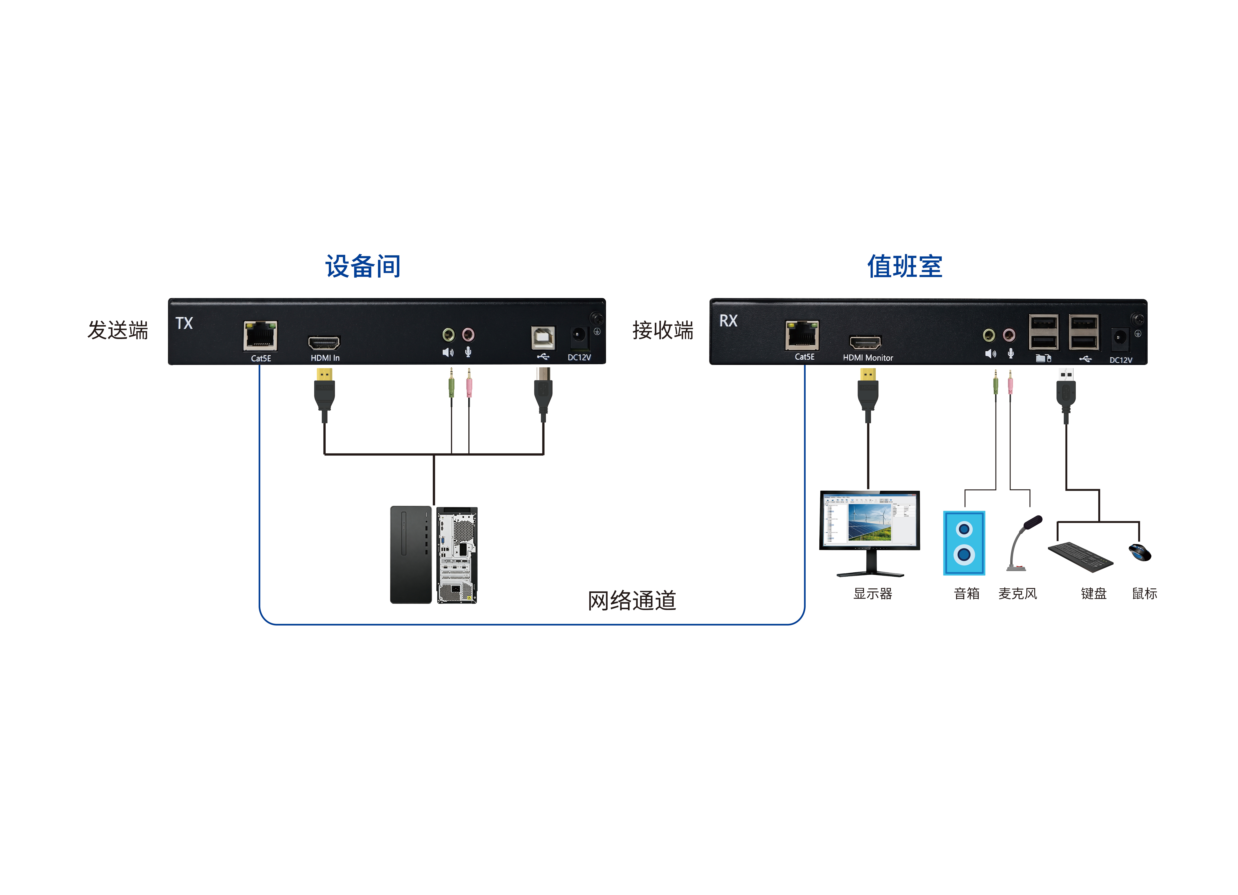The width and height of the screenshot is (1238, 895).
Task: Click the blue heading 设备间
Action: [x=363, y=267]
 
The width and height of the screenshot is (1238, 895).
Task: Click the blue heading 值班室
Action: [x=905, y=267]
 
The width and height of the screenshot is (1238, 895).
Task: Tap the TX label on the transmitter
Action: [x=184, y=323]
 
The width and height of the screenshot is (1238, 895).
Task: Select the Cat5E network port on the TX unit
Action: [x=260, y=335]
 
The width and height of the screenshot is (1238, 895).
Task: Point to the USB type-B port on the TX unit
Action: [x=543, y=337]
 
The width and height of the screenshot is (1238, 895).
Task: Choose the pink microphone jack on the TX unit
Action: [x=468, y=334]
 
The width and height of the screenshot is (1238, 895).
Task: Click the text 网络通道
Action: [x=632, y=601]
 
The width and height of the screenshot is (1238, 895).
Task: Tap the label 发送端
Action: [x=118, y=330]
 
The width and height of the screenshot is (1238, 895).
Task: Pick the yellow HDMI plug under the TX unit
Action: [x=324, y=375]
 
